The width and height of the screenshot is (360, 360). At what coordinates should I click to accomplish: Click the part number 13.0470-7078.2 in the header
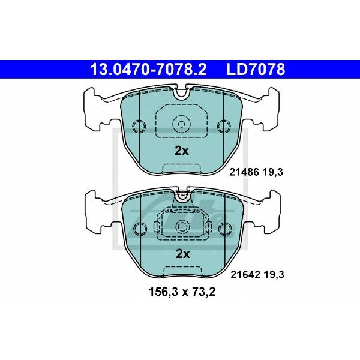149,70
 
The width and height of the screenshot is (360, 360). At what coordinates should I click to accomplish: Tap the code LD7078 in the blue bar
256,70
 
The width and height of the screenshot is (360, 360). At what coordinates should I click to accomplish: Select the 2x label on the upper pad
181,151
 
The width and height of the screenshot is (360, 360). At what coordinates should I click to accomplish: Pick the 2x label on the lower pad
182,254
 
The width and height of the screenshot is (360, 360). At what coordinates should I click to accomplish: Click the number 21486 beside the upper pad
244,172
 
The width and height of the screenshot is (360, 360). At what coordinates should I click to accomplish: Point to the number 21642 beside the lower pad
245,274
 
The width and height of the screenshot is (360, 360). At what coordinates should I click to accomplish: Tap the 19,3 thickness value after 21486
273,172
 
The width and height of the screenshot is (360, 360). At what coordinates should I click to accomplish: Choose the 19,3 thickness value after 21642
274,275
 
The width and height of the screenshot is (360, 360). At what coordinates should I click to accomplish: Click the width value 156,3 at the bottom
163,293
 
